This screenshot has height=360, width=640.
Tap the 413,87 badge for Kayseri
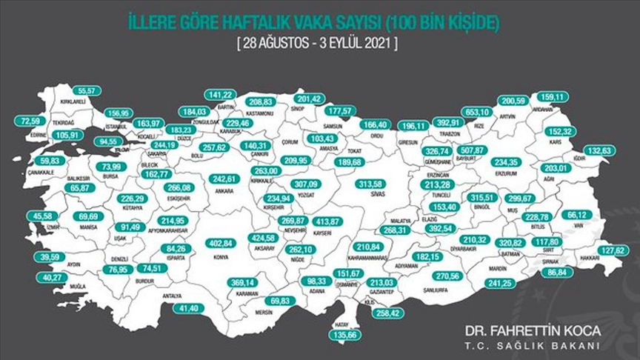pyautogui.click(x=327, y=221)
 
